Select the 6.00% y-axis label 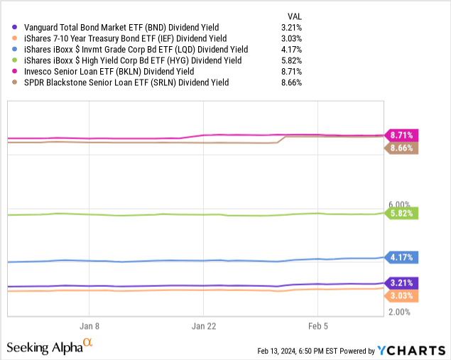click(400, 204)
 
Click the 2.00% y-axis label click(400, 311)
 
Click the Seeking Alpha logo click(49, 347)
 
